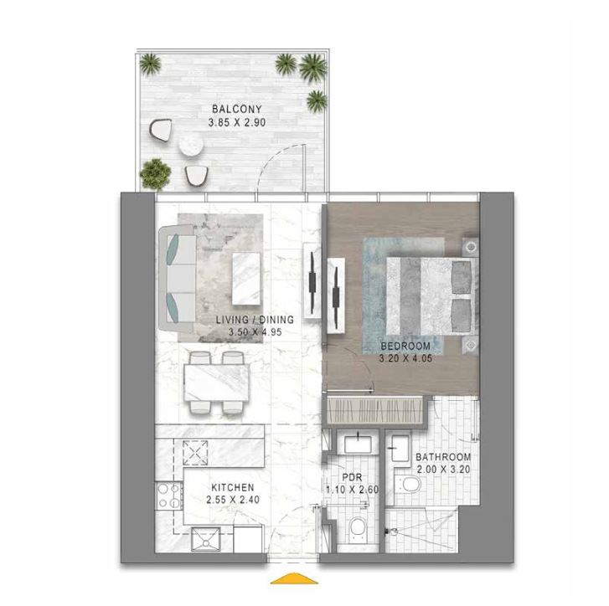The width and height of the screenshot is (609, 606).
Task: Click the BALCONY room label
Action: [x=237, y=109]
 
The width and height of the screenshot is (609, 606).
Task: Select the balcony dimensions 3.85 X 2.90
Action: [x=237, y=122]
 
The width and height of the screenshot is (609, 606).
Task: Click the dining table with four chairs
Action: [x=214, y=383]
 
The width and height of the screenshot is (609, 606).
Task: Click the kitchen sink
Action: [x=204, y=540]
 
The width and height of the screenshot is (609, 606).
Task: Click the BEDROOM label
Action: [x=405, y=346]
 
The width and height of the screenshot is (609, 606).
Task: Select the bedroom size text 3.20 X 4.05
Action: [x=405, y=358]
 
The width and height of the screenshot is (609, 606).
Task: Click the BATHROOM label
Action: [x=443, y=458]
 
